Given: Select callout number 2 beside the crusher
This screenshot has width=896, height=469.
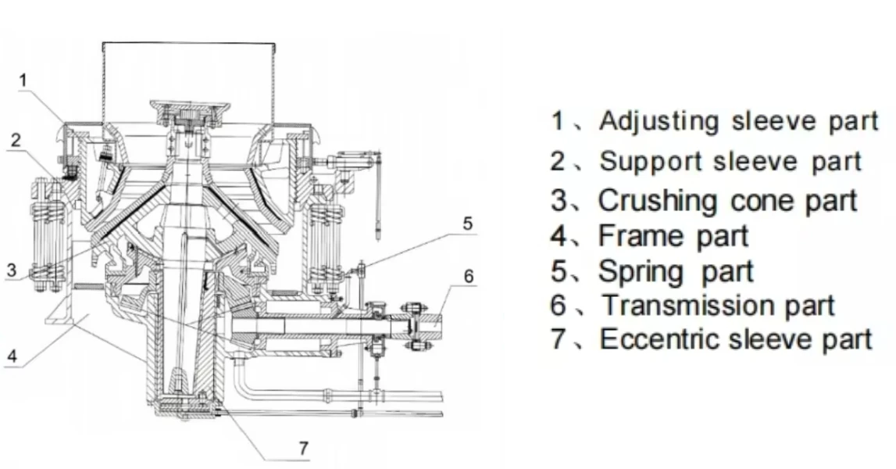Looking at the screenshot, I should pos(15,140).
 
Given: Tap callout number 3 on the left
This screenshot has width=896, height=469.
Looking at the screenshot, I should pos(10,270).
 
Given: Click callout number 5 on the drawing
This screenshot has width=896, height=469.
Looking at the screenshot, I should pos(467,224).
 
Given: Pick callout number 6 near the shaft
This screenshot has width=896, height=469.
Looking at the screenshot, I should pos(468,277).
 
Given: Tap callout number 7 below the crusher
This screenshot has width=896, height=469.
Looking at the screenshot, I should pos(304,448).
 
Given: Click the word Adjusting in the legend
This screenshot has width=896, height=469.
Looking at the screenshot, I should pos(659,121).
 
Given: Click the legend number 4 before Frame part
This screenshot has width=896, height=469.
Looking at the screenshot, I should pos(560,235).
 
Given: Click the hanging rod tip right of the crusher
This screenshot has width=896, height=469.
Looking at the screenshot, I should pos(377,231).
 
